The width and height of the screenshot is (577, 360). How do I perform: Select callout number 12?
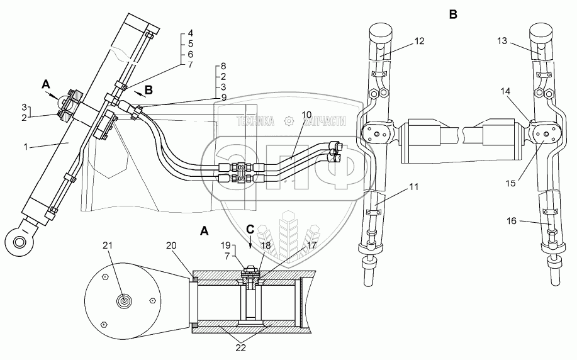pyautogui.click(x=420, y=41)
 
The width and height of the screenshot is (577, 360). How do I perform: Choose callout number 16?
pyautogui.click(x=511, y=220)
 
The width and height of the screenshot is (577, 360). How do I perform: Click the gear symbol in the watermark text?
pyautogui.click(x=288, y=121)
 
